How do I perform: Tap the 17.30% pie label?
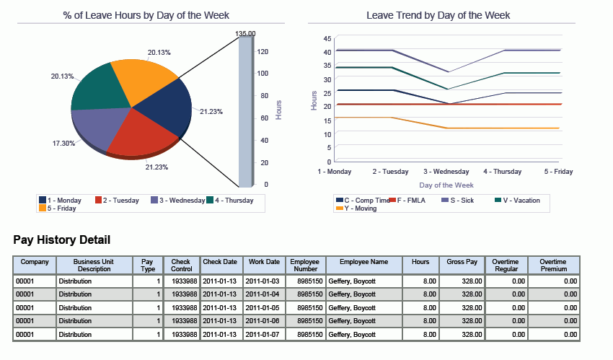pos(64,144)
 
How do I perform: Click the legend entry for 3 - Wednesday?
pos(177,200)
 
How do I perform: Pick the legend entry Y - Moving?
pos(356,208)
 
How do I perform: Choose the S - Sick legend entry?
pos(457,200)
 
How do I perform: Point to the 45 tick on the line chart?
pos(327,38)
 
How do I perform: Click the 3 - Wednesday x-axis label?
pos(446,172)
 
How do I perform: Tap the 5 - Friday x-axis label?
pos(559,172)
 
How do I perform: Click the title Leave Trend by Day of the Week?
pos(438,15)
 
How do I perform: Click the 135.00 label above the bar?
pos(245,34)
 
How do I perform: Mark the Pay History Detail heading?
pos(62,240)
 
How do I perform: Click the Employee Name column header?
pos(363,261)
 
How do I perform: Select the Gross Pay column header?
pos(462,261)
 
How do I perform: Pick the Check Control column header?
pos(181,265)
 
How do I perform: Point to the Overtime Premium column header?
pos(553,265)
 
